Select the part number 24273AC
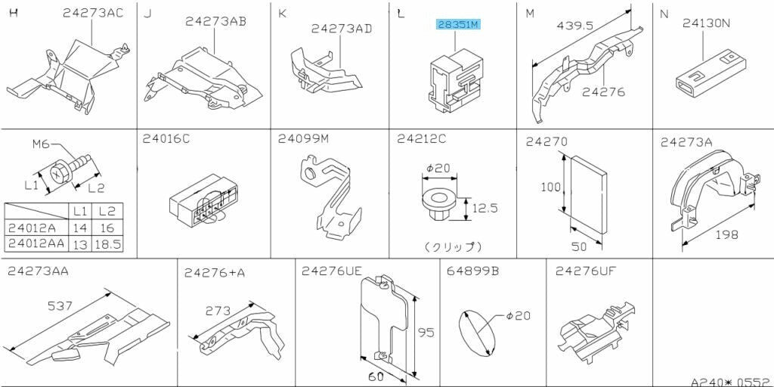(x=93, y=13)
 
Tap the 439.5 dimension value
(x=575, y=26)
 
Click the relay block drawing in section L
(x=456, y=79)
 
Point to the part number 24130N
(x=707, y=23)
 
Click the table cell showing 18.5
(x=107, y=244)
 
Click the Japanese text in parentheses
(x=453, y=246)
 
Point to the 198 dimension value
(x=727, y=234)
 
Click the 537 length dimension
(x=60, y=306)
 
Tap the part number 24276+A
(x=214, y=272)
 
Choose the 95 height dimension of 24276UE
(x=426, y=333)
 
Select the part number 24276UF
(x=586, y=271)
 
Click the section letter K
(x=283, y=14)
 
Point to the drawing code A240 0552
(x=731, y=382)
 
